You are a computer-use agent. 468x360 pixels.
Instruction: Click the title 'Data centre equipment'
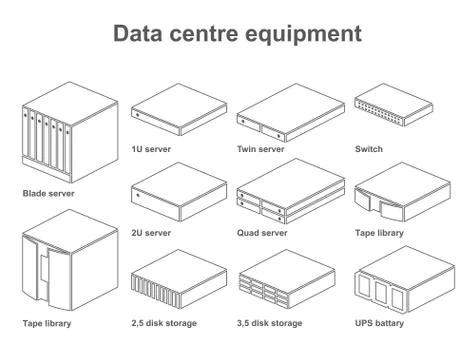(x=237, y=34)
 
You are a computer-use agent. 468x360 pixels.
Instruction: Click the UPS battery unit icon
(x=393, y=279)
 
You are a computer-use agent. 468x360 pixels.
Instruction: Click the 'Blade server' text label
(x=48, y=193)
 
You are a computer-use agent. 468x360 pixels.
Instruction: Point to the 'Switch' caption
(x=368, y=150)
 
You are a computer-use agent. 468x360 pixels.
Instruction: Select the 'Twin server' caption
(x=261, y=150)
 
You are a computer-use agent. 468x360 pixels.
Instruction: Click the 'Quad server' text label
(x=262, y=233)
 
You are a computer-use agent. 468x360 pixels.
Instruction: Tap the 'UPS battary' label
(x=380, y=323)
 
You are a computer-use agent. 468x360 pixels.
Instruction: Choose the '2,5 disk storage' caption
(x=164, y=323)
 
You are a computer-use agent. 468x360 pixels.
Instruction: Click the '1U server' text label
(x=151, y=150)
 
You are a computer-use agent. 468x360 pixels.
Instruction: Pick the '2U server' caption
(x=151, y=233)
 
